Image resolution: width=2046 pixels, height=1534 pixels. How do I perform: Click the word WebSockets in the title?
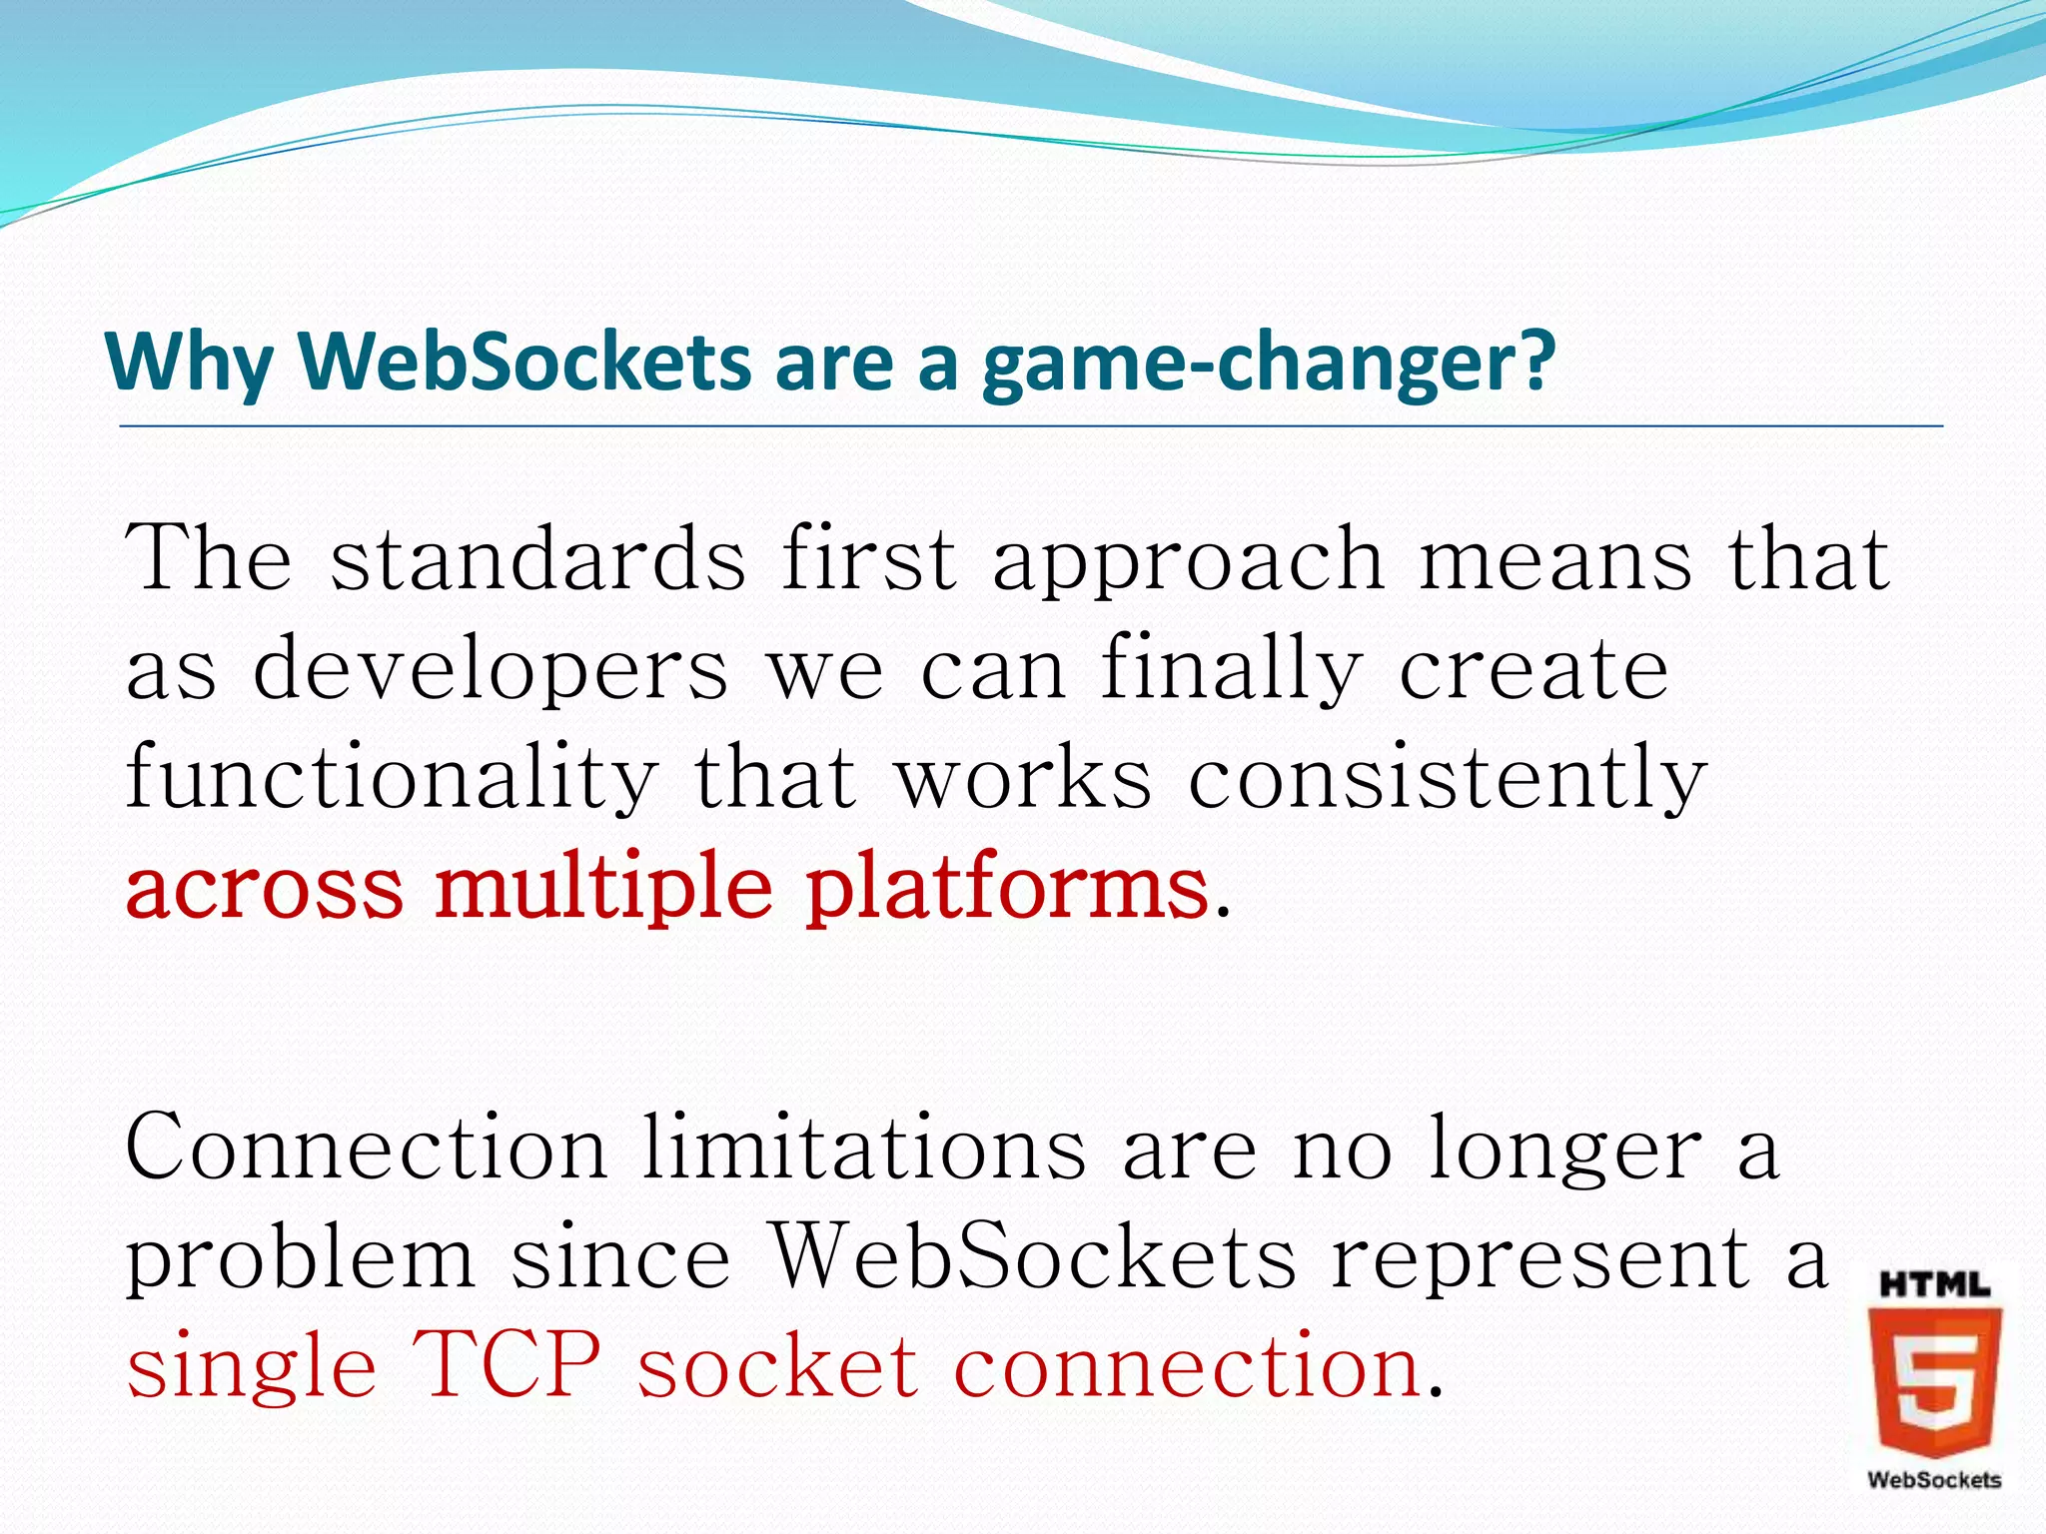[x=524, y=362]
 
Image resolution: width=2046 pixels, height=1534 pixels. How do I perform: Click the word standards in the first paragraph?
[x=537, y=559]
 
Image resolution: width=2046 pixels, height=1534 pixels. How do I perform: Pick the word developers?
[x=491, y=671]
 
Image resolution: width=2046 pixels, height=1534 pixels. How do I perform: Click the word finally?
[x=1231, y=671]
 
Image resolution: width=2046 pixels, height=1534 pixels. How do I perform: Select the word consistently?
[x=1447, y=781]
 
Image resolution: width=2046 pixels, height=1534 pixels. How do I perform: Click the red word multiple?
[x=603, y=889]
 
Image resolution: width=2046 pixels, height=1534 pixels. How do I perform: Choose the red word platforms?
[x=1007, y=889]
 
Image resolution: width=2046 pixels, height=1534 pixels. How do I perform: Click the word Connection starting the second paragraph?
[x=366, y=1149]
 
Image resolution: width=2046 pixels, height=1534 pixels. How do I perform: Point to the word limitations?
[x=863, y=1149]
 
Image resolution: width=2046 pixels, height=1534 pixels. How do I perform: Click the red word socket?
[x=777, y=1366]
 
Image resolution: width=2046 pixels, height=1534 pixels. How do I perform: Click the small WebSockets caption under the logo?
[x=1934, y=1480]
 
